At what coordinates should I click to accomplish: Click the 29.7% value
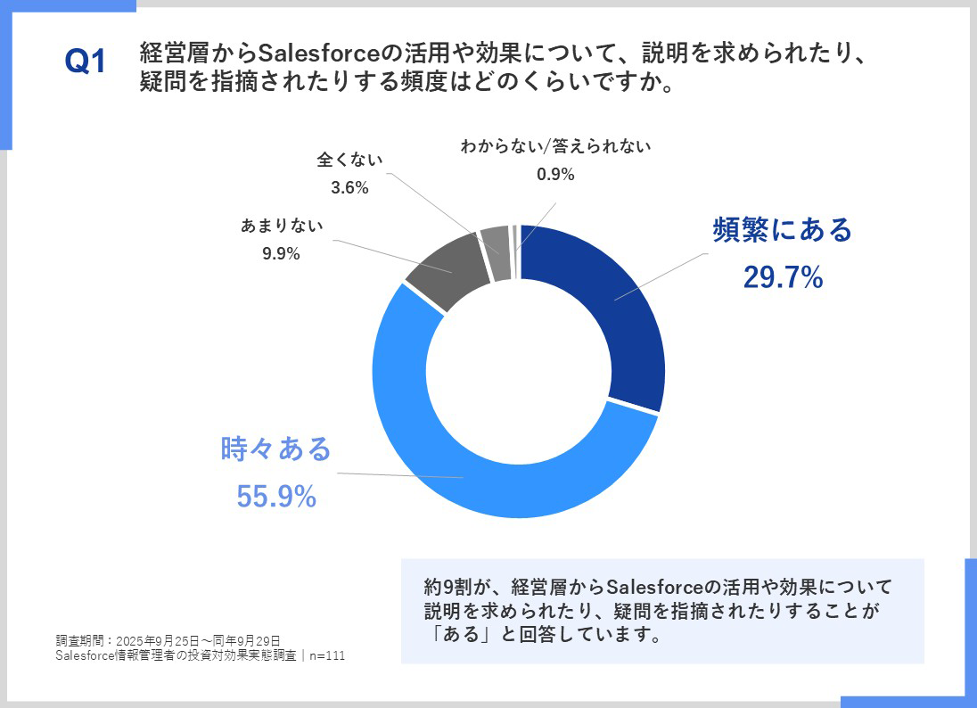783,278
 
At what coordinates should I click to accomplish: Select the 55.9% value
276,498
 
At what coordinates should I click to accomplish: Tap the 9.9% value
281,254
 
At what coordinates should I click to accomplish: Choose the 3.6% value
349,187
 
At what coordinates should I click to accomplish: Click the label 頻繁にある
783,230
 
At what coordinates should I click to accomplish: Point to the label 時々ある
276,449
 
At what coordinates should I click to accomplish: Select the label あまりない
282,226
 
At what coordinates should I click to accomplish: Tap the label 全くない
349,161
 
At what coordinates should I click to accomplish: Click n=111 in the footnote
327,656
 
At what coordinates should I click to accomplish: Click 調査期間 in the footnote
75,640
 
